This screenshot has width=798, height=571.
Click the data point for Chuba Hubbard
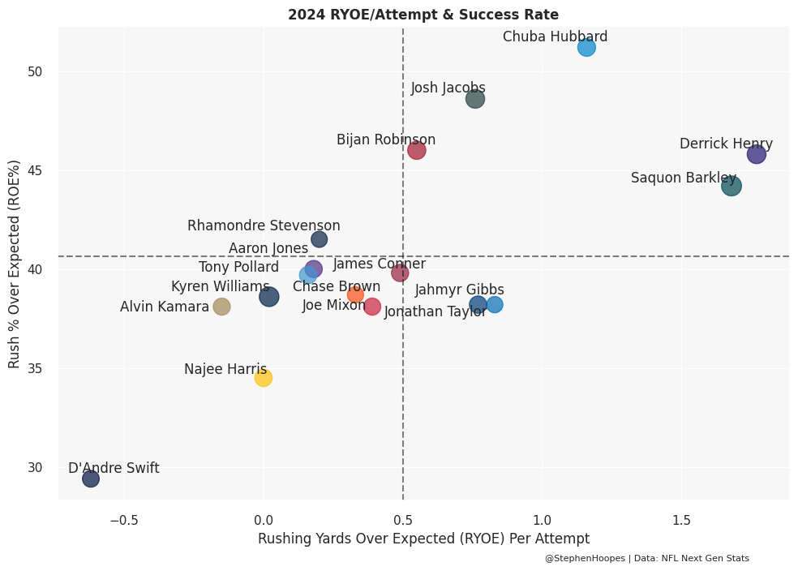pos(586,47)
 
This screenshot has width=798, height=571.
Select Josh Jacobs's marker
pos(475,99)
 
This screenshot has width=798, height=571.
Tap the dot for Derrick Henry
pos(757,154)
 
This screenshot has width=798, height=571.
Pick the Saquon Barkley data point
pos(731,186)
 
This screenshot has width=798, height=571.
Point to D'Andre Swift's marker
pos(91,479)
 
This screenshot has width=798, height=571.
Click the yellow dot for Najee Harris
pos(263,378)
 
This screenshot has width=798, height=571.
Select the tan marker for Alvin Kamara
pos(221,307)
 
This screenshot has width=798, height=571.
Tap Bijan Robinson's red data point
pos(417,150)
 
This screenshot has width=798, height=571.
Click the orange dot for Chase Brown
pos(355,294)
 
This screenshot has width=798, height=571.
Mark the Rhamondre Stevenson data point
pos(320,239)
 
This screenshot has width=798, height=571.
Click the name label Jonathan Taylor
pos(435,312)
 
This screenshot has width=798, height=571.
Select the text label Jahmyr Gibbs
pos(460,290)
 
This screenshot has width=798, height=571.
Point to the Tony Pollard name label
pos(238,268)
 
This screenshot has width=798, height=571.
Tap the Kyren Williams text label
pos(220,287)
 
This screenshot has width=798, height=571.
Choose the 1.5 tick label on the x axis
pos(681,519)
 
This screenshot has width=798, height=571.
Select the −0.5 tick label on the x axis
pos(123,519)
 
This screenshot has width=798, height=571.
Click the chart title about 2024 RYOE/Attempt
pos(423,15)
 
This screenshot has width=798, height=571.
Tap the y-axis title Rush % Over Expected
pos(15,264)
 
